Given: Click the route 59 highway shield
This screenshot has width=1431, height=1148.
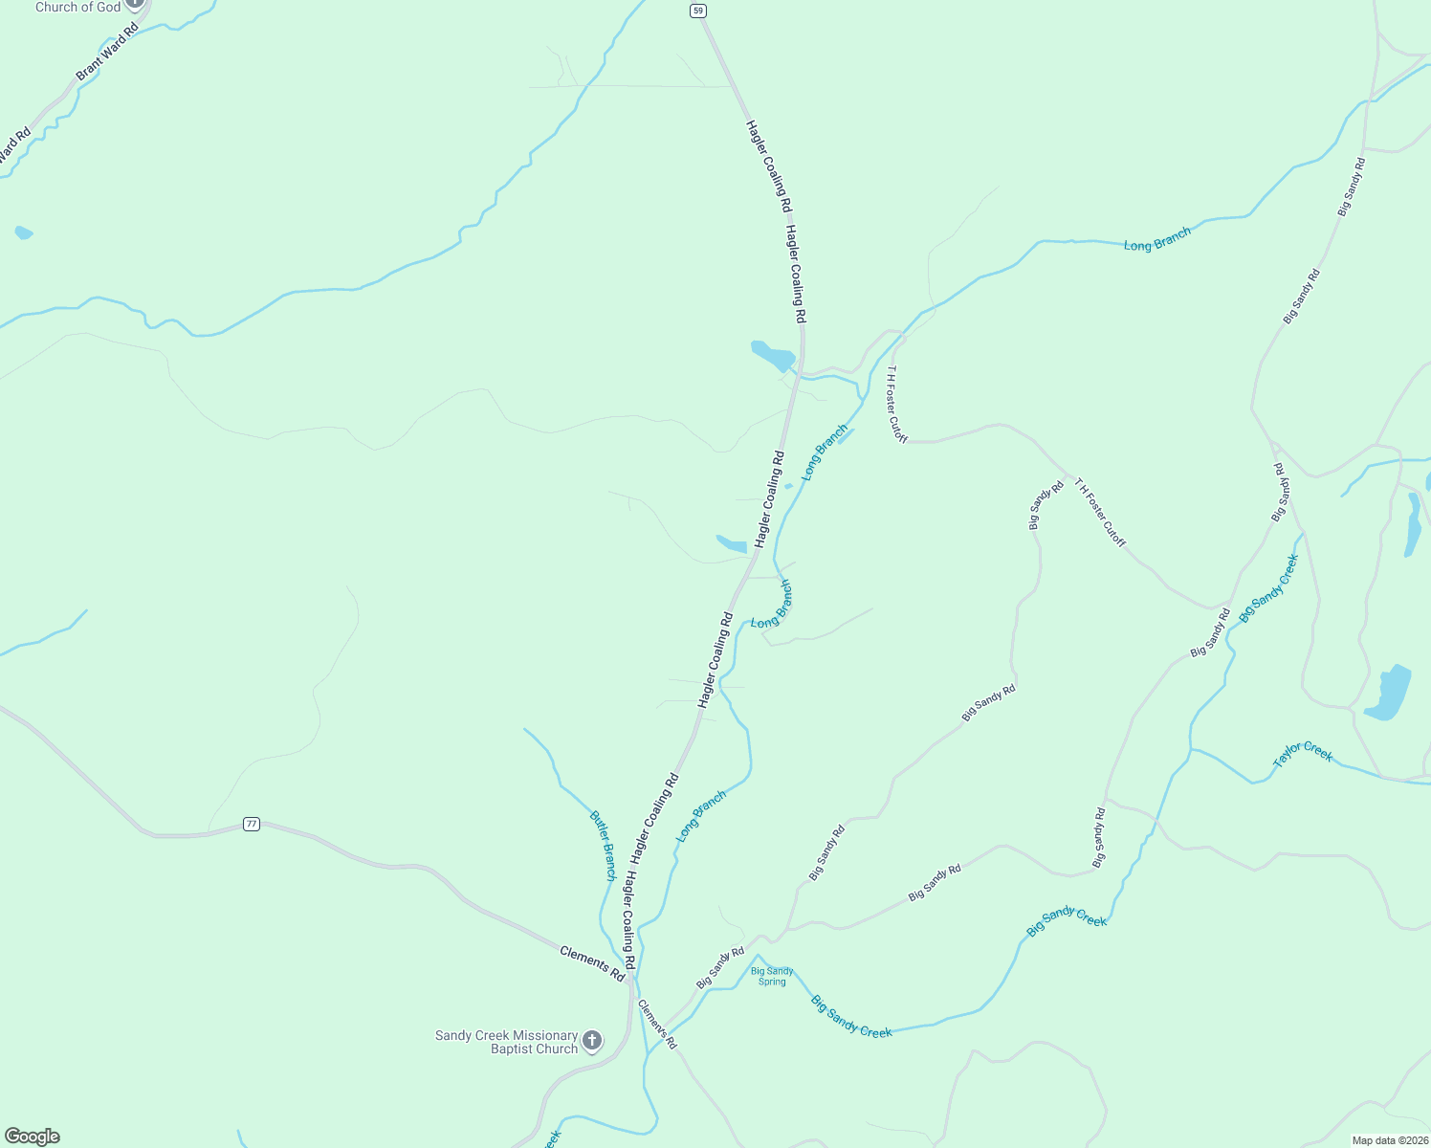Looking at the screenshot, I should (698, 11).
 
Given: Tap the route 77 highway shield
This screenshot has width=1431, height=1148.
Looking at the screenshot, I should (251, 824).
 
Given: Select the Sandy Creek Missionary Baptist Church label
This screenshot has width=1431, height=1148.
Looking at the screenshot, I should (507, 1042).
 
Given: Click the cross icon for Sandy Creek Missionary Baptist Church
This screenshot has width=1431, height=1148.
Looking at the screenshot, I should (592, 1040).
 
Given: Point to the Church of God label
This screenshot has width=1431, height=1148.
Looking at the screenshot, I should (78, 7).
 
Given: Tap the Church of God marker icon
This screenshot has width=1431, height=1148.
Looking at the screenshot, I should (135, 3).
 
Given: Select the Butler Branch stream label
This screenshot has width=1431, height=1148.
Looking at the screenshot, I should (603, 846).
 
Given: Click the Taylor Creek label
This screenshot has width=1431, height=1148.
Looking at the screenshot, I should (1303, 754).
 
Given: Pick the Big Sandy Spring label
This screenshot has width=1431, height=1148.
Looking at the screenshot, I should (772, 976).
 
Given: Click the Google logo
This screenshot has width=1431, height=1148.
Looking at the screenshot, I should (32, 1137).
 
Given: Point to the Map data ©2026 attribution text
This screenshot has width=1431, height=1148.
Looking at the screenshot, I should (1389, 1140).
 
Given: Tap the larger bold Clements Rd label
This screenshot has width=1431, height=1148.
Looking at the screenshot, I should (592, 963).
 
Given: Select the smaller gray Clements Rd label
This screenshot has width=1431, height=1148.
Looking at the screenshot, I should (657, 1024).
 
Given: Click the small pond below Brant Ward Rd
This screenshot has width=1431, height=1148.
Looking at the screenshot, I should (23, 232).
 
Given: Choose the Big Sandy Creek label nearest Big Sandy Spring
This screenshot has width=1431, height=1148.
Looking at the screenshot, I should (851, 1017).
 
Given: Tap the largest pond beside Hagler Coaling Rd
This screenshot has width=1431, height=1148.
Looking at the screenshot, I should (772, 356).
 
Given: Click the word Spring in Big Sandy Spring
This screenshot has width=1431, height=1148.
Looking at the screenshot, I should (772, 982).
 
